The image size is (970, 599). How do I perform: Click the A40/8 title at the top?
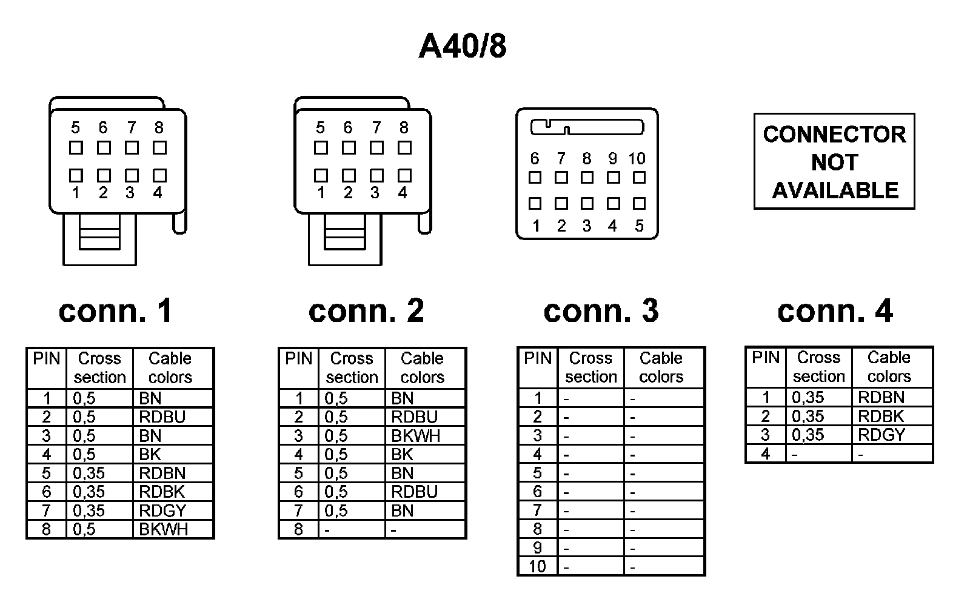463,46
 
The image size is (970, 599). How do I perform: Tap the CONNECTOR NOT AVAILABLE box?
834,162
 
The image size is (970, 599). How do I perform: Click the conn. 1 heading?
116,310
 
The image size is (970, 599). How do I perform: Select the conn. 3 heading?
601,310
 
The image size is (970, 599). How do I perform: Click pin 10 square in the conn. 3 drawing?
639,178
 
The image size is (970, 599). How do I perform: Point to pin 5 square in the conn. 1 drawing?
76,147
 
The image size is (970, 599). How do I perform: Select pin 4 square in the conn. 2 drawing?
404,175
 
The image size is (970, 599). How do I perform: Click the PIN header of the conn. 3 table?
538,358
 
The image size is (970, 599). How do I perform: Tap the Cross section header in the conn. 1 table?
99,368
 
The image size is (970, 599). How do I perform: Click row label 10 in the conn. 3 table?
537,567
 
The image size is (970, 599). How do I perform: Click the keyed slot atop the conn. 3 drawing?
587,127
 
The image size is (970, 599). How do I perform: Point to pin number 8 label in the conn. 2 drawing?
404,128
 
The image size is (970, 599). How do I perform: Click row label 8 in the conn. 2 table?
298,529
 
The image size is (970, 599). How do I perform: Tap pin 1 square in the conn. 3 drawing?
535,204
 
